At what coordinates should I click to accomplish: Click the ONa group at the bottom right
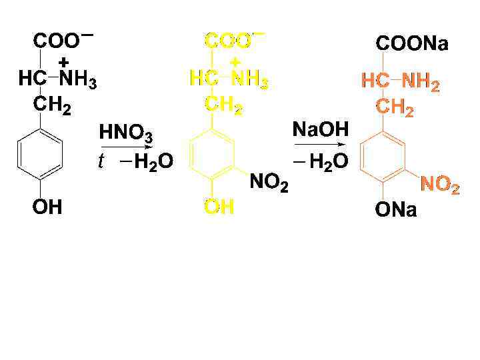395,211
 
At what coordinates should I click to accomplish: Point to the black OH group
47,208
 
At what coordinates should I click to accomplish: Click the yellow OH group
219,208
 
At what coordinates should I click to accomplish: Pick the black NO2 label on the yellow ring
269,181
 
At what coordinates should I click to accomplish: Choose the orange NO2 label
439,186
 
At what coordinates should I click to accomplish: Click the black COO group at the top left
57,41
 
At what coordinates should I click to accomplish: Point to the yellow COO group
229,41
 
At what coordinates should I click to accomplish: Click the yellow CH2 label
225,105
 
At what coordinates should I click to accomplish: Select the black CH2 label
53,105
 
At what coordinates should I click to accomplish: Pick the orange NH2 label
420,83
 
